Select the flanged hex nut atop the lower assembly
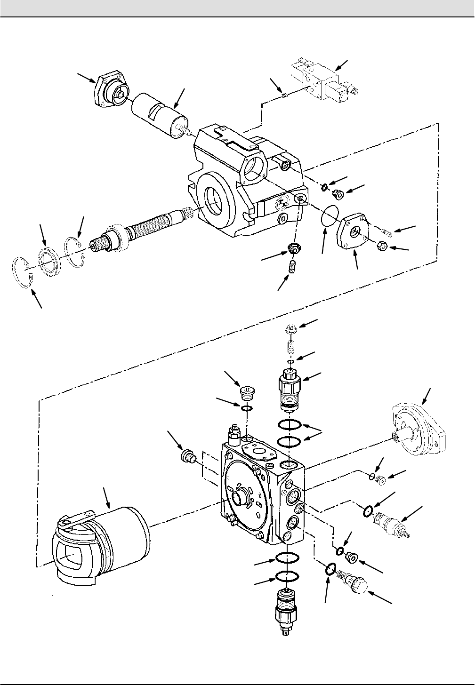[x=290, y=331]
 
